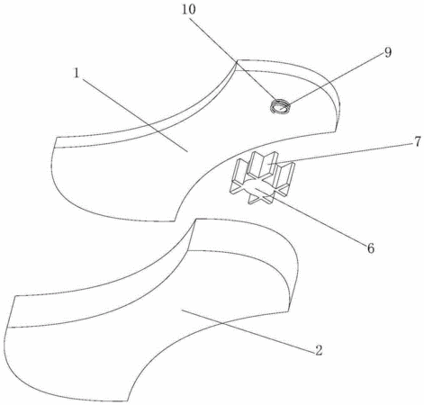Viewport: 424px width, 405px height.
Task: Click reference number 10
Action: pyautogui.click(x=189, y=9)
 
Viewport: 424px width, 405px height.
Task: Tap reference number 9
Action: pyautogui.click(x=388, y=52)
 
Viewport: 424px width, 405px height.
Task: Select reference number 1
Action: pyautogui.click(x=77, y=73)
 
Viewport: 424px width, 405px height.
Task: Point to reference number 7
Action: pyautogui.click(x=418, y=141)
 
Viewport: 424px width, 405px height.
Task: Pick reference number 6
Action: pyautogui.click(x=371, y=248)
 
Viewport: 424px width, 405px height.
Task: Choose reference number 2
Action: pyautogui.click(x=319, y=350)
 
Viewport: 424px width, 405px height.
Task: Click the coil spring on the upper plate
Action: pyautogui.click(x=280, y=107)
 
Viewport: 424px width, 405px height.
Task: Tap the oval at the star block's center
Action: pyautogui.click(x=258, y=189)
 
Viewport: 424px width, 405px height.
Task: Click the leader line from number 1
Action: pyautogui.click(x=135, y=115)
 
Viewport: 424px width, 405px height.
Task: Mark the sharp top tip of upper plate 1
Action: pyautogui.click(x=237, y=60)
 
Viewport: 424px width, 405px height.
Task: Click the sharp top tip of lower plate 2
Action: pyautogui.click(x=195, y=220)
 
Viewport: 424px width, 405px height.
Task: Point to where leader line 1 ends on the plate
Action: pyautogui.click(x=188, y=152)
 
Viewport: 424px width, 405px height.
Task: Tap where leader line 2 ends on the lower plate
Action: pyautogui.click(x=182, y=311)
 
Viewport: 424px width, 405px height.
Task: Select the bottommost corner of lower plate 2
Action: pyautogui.click(x=128, y=400)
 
